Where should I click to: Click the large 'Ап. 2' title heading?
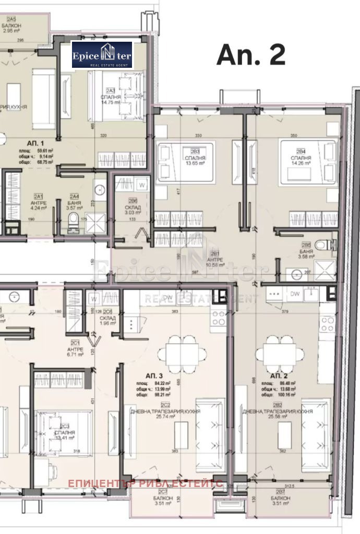pyautogui.click(x=251, y=54)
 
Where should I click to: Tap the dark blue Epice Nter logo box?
pyautogui.click(x=102, y=55)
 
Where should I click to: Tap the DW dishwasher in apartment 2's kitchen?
pyautogui.click(x=295, y=294)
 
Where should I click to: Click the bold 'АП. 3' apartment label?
pyautogui.click(x=155, y=375)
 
